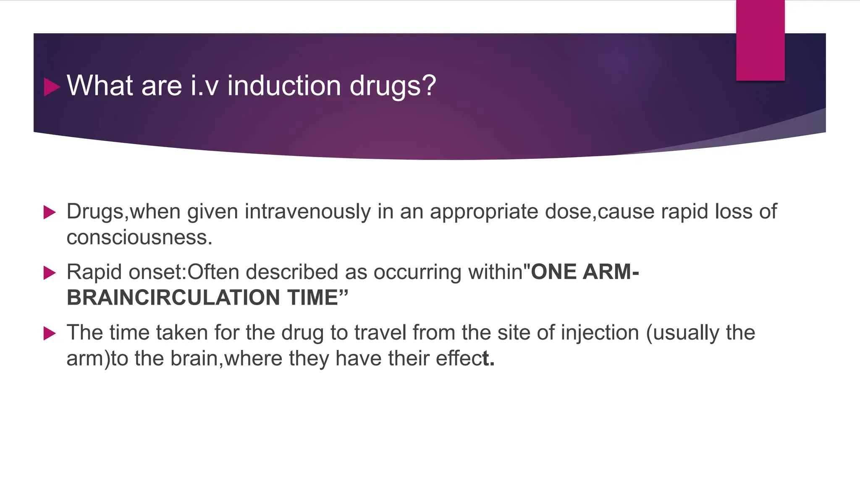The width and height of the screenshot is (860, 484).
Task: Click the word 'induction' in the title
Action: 284,86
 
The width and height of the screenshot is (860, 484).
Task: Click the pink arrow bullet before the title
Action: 52,87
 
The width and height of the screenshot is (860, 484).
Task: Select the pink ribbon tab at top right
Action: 760,40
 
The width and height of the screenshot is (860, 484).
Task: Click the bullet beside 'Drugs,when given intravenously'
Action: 50,212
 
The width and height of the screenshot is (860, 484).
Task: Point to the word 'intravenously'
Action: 308,211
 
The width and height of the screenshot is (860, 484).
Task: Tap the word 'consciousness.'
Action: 139,238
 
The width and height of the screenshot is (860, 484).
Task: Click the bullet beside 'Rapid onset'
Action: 50,273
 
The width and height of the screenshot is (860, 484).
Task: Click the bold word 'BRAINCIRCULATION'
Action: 173,298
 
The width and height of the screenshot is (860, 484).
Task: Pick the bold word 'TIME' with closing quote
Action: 318,298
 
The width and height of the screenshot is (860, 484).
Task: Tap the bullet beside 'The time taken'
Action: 50,334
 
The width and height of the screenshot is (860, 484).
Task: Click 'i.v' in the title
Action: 205,86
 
